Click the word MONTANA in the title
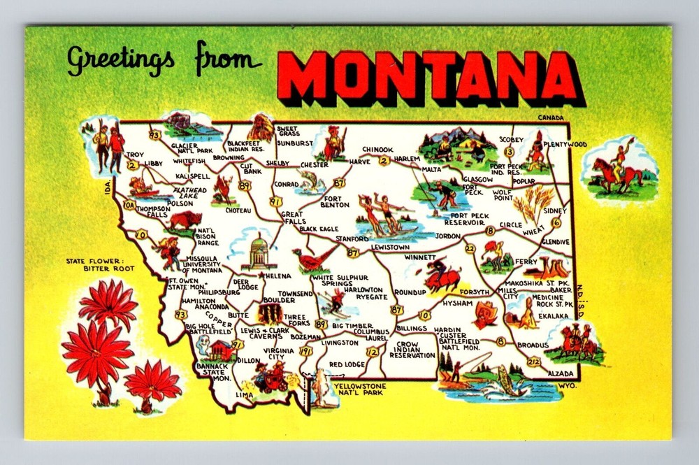[x=428, y=75]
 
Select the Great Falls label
[x=291, y=217]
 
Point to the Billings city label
[x=411, y=328]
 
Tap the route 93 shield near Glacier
[x=154, y=134]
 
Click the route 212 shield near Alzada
[x=534, y=362]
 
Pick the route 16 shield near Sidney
[x=556, y=222]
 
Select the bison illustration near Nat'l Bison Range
[x=185, y=222]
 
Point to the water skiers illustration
[x=383, y=215]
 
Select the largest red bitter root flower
[x=96, y=354]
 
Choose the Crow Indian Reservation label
[x=412, y=350]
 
